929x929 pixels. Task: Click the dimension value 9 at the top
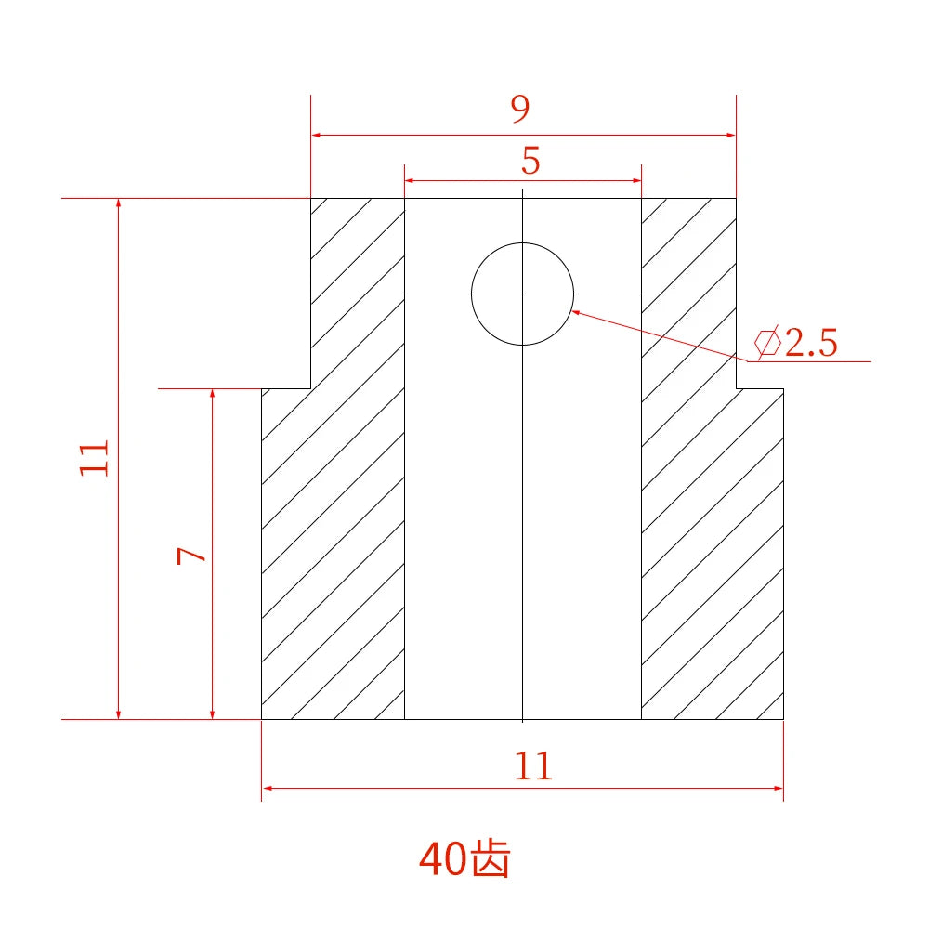[520, 110]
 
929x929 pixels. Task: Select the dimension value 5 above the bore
[530, 162]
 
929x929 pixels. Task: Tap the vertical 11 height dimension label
[95, 458]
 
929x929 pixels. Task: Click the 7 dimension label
[191, 555]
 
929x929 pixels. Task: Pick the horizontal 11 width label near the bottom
[533, 766]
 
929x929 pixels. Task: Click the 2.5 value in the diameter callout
[811, 344]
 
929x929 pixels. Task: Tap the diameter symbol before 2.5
[767, 344]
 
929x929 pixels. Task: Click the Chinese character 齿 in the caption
[491, 859]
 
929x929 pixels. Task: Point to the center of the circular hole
[523, 294]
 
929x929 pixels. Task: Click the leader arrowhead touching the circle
[576, 313]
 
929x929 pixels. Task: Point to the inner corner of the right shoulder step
[737, 388]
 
